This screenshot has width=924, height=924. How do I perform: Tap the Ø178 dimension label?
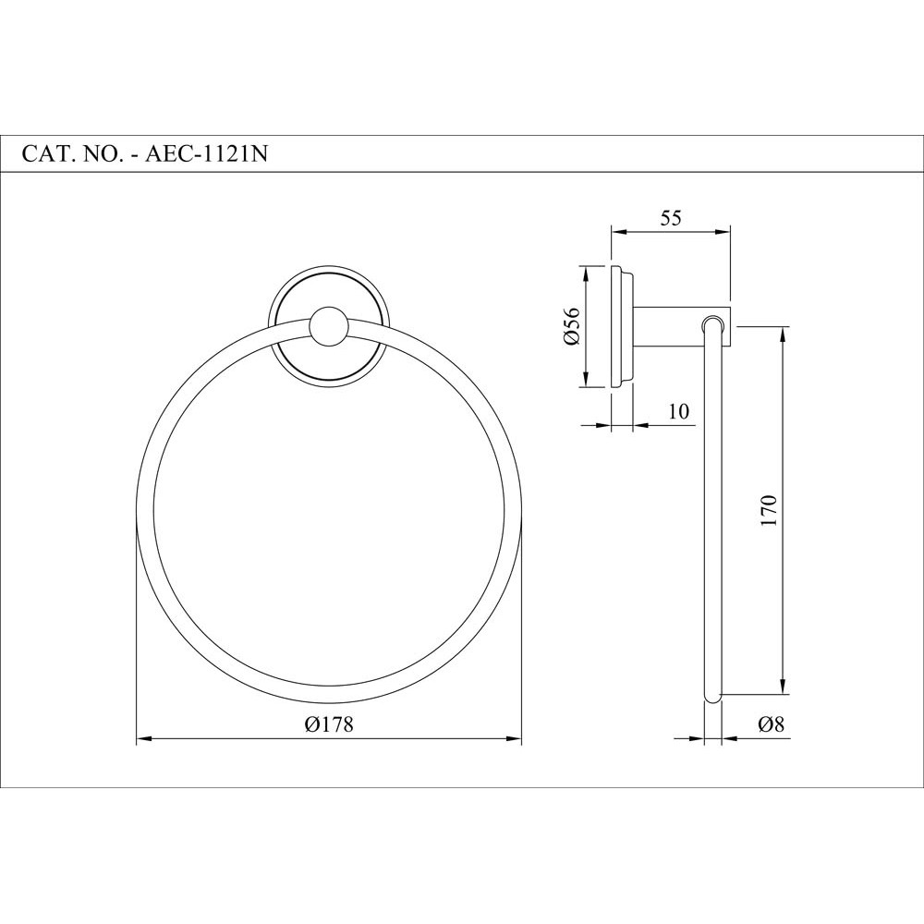pyautogui.click(x=329, y=725)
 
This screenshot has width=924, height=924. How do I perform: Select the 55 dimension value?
pyautogui.click(x=671, y=218)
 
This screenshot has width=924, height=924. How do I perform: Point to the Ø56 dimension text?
pyautogui.click(x=570, y=326)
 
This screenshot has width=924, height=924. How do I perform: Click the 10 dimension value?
pyautogui.click(x=679, y=411)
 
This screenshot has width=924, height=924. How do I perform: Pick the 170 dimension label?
pyautogui.click(x=770, y=510)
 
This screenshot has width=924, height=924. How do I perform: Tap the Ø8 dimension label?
pyautogui.click(x=771, y=725)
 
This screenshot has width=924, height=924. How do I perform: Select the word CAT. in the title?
pyautogui.click(x=45, y=154)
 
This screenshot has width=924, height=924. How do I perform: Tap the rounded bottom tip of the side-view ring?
pyautogui.click(x=711, y=699)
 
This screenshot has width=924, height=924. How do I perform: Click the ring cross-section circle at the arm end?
pyautogui.click(x=711, y=324)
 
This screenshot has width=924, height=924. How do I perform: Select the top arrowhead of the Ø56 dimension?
pyautogui.click(x=584, y=272)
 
